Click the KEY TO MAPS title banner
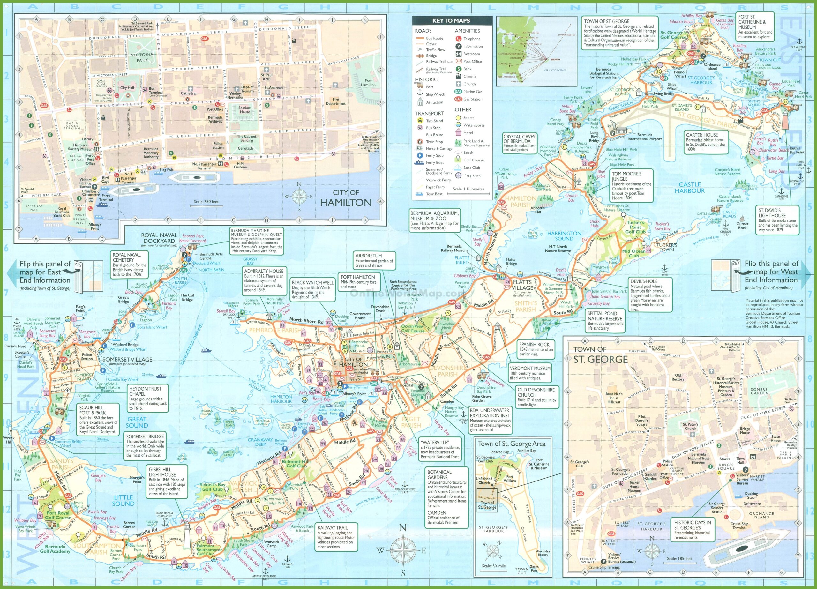(451, 20)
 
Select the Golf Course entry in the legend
(473, 160)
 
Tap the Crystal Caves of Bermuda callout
(519, 143)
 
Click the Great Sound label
(137, 422)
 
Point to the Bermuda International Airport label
(644, 137)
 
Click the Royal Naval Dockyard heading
(159, 238)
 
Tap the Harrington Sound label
(564, 236)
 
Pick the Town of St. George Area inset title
(511, 444)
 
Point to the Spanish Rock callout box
(536, 349)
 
